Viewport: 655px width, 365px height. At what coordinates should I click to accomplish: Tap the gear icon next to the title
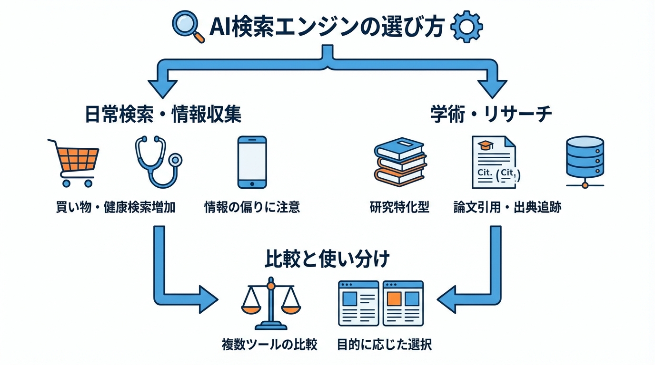(466, 27)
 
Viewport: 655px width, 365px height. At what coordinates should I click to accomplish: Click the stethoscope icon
(158, 162)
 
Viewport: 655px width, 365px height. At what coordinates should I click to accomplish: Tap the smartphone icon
(252, 162)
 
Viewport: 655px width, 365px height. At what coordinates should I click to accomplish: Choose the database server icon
(585, 162)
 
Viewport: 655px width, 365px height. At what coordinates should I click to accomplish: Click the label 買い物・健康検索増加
(116, 208)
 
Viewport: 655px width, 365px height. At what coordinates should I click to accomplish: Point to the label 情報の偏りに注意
(252, 208)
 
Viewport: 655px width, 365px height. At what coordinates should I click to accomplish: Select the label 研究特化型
(399, 208)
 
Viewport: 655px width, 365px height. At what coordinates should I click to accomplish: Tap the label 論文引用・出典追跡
(507, 208)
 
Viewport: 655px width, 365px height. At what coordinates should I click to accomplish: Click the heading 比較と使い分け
(327, 259)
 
